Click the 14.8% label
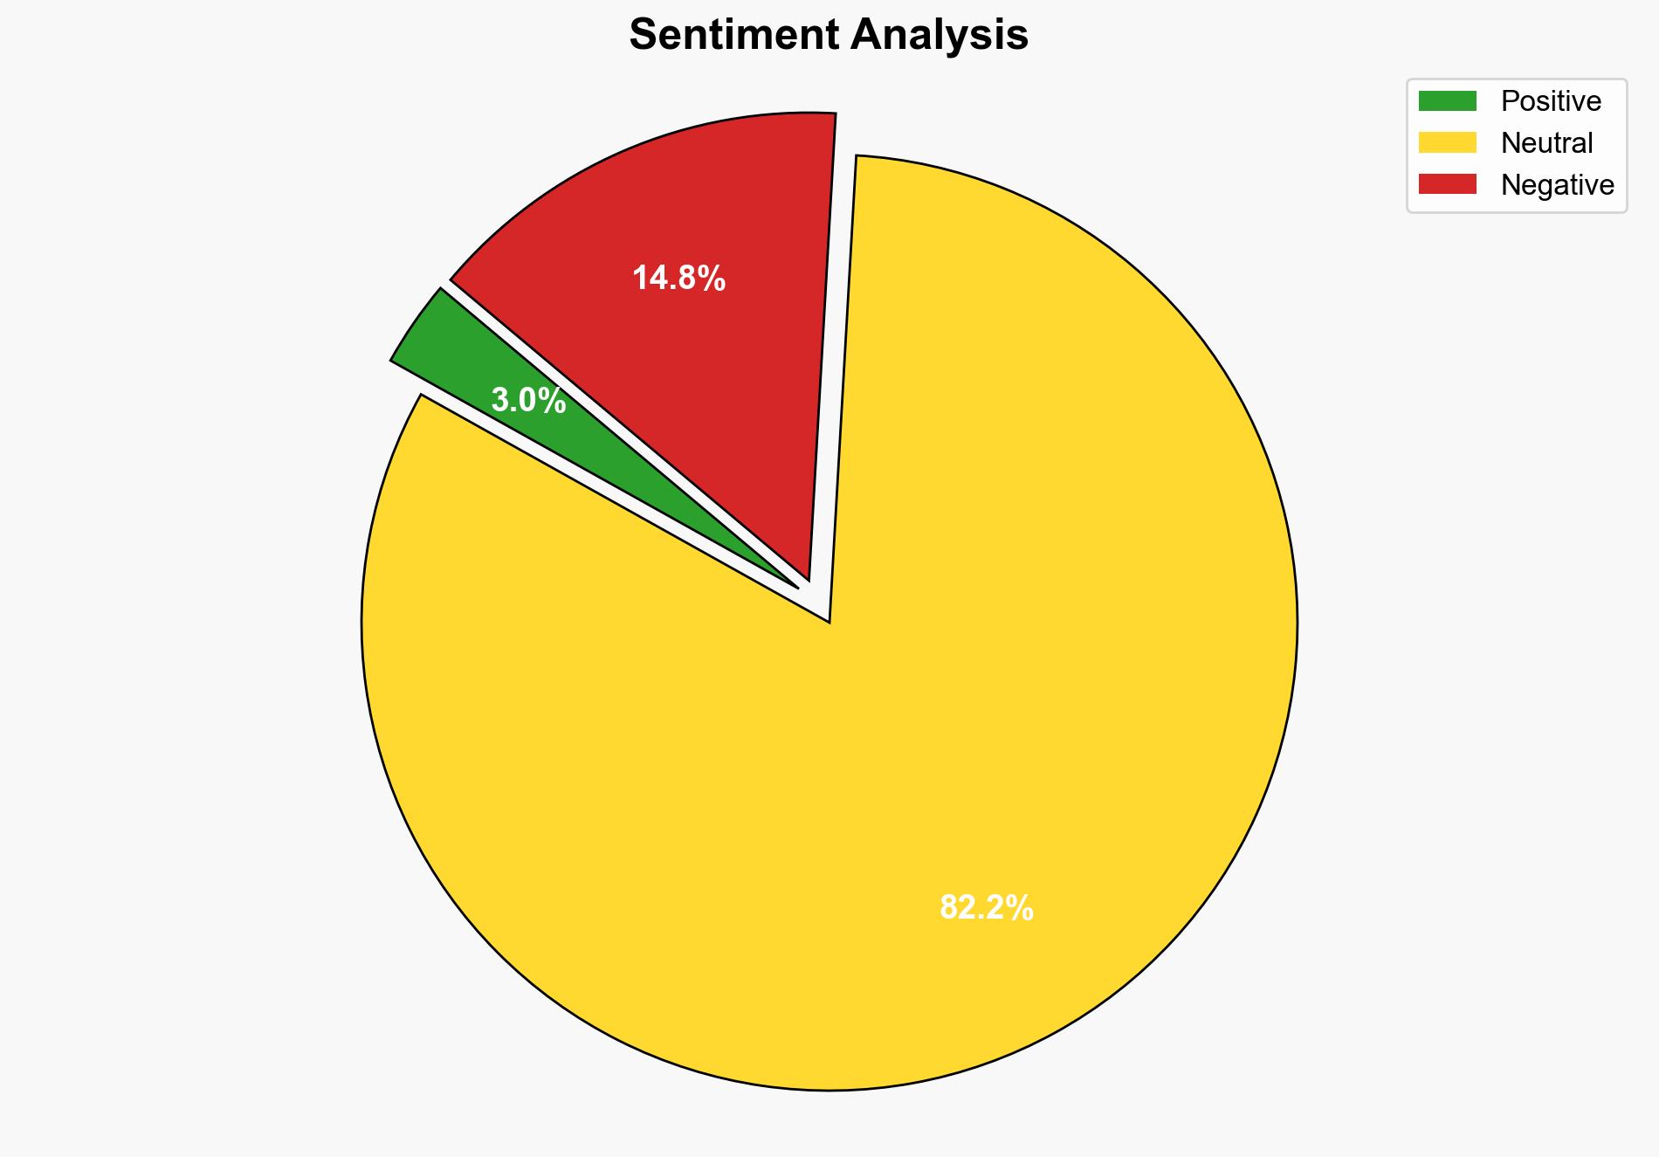[678, 279]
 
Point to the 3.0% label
[528, 401]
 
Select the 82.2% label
[986, 908]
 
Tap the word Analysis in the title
[940, 35]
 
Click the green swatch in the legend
[1447, 101]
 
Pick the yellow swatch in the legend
[1447, 142]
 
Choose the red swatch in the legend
[1447, 184]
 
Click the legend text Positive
[1551, 101]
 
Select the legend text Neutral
[1546, 142]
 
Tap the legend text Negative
[1557, 184]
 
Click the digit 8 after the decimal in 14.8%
[693, 279]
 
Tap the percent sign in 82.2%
[1021, 908]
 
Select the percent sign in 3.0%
[553, 401]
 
